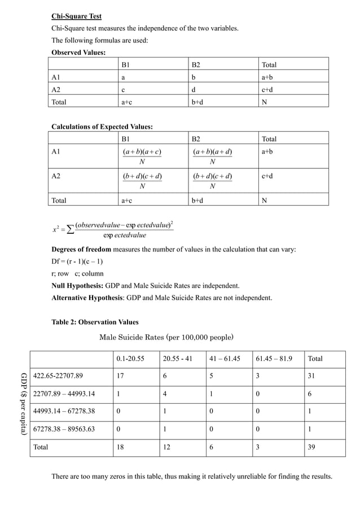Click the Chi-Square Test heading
tap(77, 16)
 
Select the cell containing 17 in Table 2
tap(121, 376)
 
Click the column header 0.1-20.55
tap(129, 359)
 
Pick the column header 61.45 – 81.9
tap(276, 359)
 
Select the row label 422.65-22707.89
tap(58, 376)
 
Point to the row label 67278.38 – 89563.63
tap(64, 429)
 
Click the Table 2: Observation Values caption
tap(95, 322)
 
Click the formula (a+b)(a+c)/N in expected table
tap(142, 156)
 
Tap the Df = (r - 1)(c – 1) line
tap(77, 261)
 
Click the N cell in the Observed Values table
tap(265, 102)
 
